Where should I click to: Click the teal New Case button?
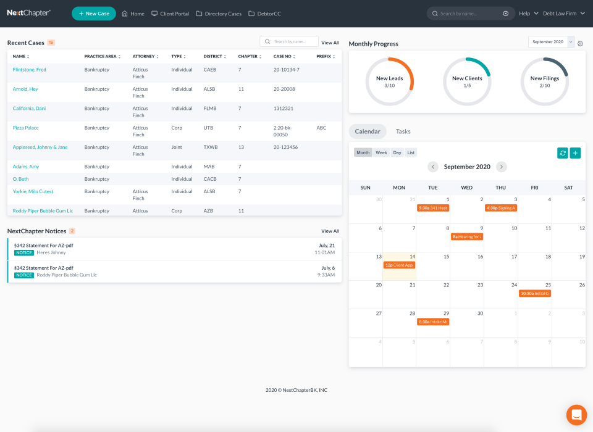pyautogui.click(x=94, y=14)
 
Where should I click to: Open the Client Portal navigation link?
pyautogui.click(x=170, y=14)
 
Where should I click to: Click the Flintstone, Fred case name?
pyautogui.click(x=30, y=70)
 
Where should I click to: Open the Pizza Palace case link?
pyautogui.click(x=26, y=128)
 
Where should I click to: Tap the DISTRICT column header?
pyautogui.click(x=213, y=56)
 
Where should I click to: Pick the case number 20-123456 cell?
pyautogui.click(x=286, y=147)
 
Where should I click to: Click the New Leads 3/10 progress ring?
pyautogui.click(x=389, y=81)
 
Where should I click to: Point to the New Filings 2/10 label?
pyautogui.click(x=544, y=81)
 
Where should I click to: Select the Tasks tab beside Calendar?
pyautogui.click(x=403, y=131)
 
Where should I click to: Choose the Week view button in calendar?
pyautogui.click(x=381, y=152)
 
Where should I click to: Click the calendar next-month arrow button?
pyautogui.click(x=502, y=167)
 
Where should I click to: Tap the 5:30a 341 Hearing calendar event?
pyautogui.click(x=433, y=208)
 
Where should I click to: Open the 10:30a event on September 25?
pyautogui.click(x=535, y=293)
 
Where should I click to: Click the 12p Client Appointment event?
pyautogui.click(x=399, y=265)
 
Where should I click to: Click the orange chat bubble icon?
pyautogui.click(x=576, y=415)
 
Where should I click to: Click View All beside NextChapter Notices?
pyautogui.click(x=330, y=231)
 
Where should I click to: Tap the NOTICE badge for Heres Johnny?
pyautogui.click(x=24, y=252)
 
